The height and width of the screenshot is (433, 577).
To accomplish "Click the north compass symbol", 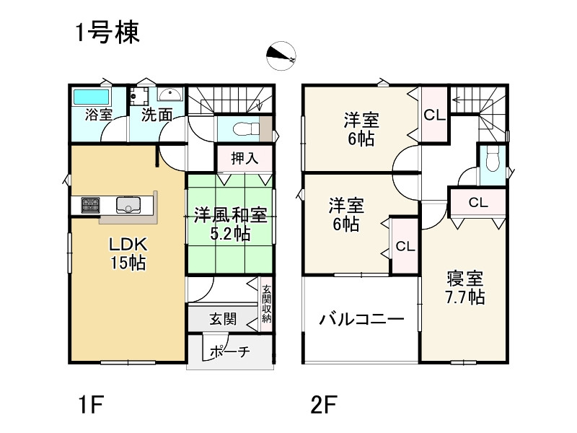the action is (281, 56).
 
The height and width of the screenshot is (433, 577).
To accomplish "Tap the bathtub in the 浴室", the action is (92, 97).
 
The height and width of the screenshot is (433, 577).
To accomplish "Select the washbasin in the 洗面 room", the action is (169, 95).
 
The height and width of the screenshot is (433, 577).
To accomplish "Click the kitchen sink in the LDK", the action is (128, 205).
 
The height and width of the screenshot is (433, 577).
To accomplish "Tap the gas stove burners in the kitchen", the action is (91, 205).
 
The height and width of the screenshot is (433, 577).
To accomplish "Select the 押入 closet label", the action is (245, 159).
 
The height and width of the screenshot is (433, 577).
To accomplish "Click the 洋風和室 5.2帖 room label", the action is (230, 224).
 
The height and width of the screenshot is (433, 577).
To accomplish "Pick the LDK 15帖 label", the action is (128, 253).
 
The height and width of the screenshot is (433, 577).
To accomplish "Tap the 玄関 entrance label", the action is (223, 319).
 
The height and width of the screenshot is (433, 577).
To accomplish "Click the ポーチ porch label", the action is (229, 351).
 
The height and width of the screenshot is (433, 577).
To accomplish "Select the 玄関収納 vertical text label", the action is (266, 304).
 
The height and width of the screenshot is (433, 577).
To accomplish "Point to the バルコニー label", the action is (361, 319).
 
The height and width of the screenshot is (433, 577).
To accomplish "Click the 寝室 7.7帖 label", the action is (465, 287).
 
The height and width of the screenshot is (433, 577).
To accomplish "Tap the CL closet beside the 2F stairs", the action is (435, 115).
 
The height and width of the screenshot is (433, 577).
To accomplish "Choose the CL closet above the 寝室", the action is (478, 202).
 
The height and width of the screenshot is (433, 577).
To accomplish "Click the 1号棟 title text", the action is (107, 32).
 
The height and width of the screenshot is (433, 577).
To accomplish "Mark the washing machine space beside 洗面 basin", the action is (138, 96).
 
